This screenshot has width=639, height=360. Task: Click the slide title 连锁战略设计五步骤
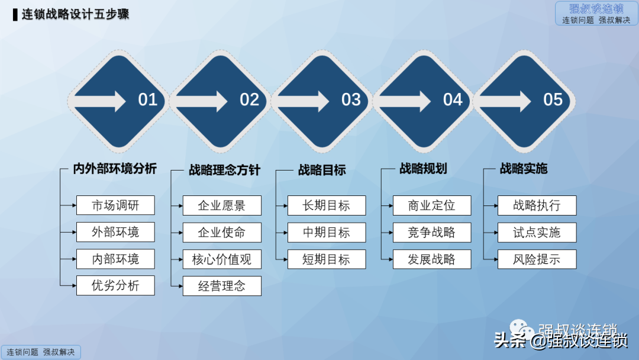tap(76, 14)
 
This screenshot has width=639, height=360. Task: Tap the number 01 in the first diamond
tap(148, 99)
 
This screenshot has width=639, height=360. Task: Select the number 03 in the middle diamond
tap(351, 99)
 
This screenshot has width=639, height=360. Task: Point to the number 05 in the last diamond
tap(553, 99)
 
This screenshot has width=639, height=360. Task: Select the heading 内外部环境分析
tap(115, 169)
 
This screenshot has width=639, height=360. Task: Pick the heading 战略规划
tap(423, 169)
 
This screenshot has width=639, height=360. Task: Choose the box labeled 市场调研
tap(115, 205)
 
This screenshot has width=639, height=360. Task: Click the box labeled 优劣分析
tap(115, 285)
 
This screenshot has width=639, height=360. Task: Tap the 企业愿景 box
tap(222, 206)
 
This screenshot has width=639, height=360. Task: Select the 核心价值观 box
tap(222, 259)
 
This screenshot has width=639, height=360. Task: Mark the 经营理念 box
tap(222, 287)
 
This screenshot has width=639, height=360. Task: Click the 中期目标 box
tap(327, 233)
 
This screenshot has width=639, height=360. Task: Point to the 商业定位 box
tap(432, 205)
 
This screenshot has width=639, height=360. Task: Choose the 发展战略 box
tap(432, 259)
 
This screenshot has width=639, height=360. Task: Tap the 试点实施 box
tap(537, 233)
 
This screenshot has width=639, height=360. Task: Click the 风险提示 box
tap(537, 259)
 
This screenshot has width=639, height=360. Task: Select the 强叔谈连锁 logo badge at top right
tap(596, 14)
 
